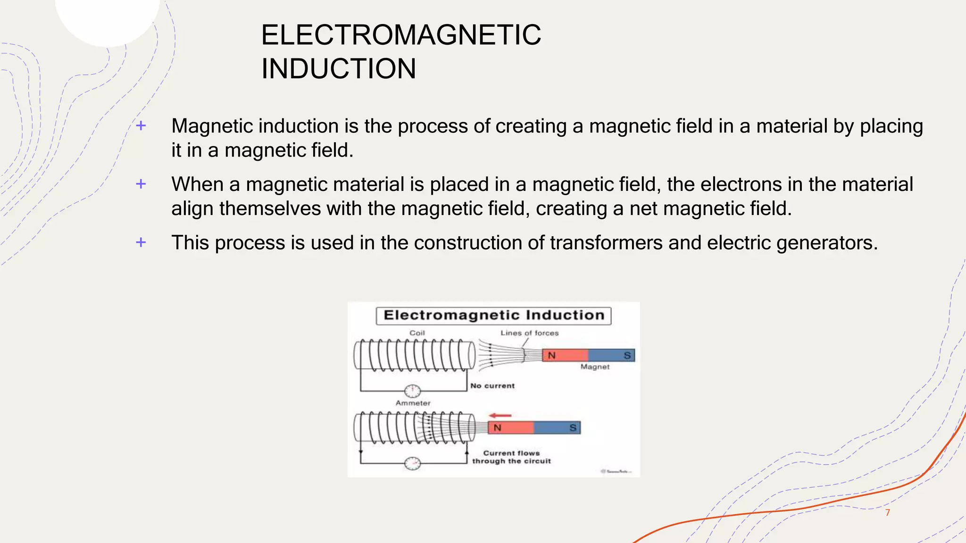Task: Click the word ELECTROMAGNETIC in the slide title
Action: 401,35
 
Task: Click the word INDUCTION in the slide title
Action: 339,69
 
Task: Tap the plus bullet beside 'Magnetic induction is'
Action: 141,126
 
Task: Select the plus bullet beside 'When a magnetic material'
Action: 141,184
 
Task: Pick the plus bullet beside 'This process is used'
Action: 141,242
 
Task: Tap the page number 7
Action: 887,513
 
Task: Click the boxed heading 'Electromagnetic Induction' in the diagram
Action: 493,315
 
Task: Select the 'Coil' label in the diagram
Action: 417,333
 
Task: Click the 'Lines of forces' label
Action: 529,333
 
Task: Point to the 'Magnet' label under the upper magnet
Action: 595,367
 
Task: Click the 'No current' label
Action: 492,386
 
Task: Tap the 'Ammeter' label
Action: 413,403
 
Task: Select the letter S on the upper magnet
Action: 627,355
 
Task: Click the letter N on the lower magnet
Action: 497,428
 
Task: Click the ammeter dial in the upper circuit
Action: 413,391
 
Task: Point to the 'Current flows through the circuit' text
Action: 511,457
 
